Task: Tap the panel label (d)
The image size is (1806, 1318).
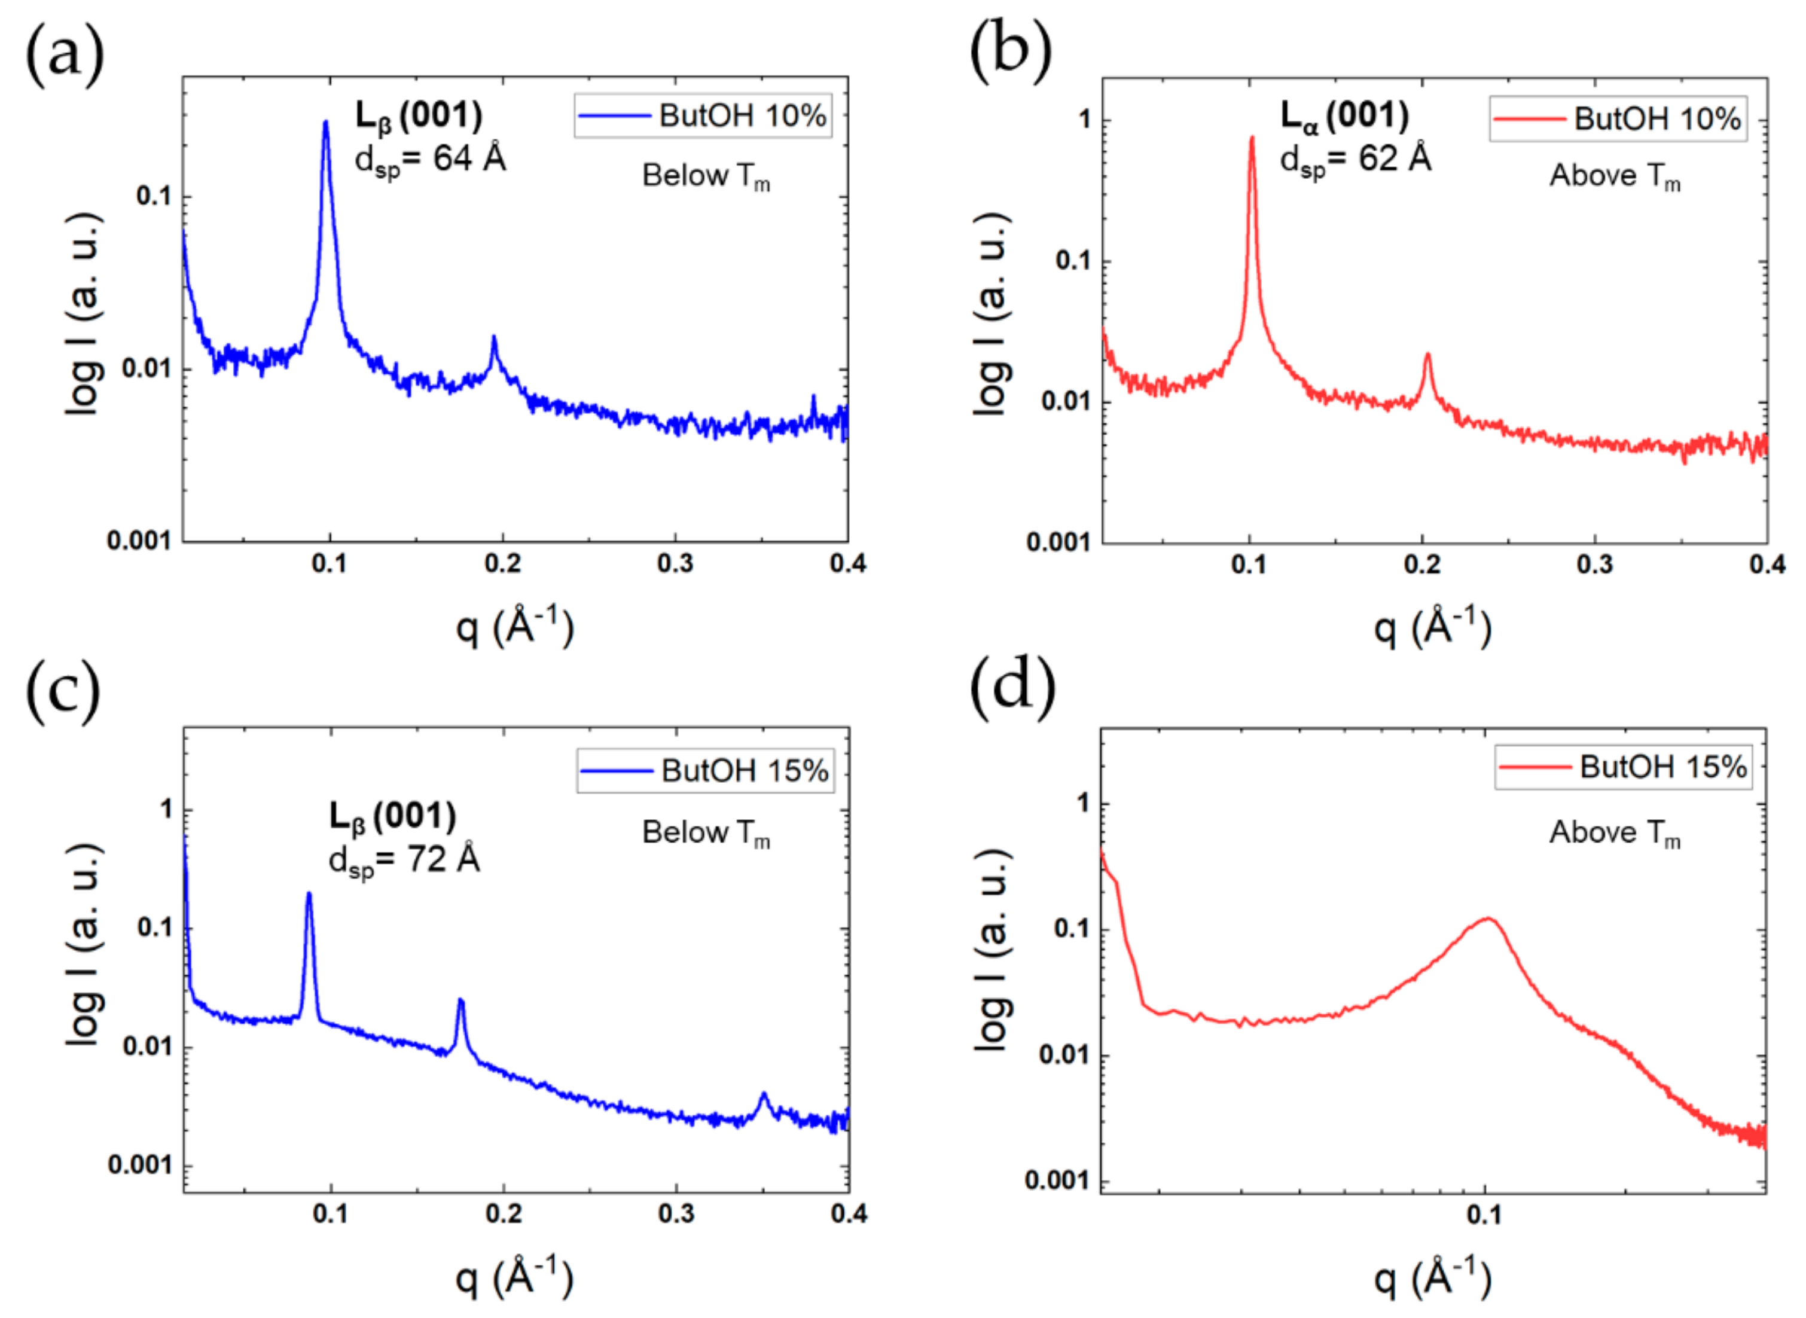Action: point(1011,688)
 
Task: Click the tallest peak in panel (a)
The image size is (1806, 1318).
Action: point(325,124)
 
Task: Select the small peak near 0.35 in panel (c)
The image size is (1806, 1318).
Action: point(764,1096)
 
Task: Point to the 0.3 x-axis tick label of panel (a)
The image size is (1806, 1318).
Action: point(675,564)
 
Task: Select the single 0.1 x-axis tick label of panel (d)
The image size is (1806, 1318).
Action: point(1484,1215)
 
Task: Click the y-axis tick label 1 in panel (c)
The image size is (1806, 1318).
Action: point(166,809)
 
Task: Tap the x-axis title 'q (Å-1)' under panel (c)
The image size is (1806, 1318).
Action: point(514,1277)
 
